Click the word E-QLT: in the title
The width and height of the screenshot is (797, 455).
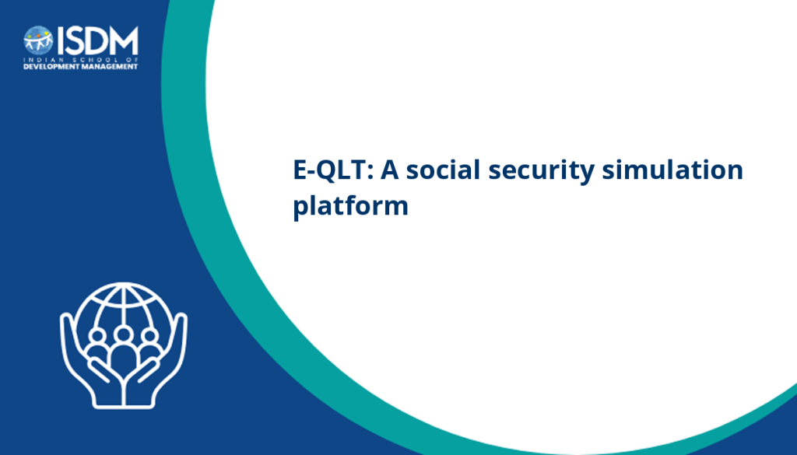click(333, 170)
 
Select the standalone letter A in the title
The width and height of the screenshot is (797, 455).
click(390, 170)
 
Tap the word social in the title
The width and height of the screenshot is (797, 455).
click(443, 169)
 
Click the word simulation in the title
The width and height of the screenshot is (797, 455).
click(672, 169)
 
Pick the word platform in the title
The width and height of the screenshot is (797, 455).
click(351, 207)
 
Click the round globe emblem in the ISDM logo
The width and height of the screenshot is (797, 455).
click(38, 40)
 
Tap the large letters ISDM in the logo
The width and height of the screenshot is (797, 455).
click(97, 40)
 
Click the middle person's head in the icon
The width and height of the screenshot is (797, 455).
click(124, 334)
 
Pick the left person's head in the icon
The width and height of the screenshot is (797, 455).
click(97, 336)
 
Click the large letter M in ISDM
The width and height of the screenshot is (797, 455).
click(125, 40)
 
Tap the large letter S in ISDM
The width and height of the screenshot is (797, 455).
click(75, 40)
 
